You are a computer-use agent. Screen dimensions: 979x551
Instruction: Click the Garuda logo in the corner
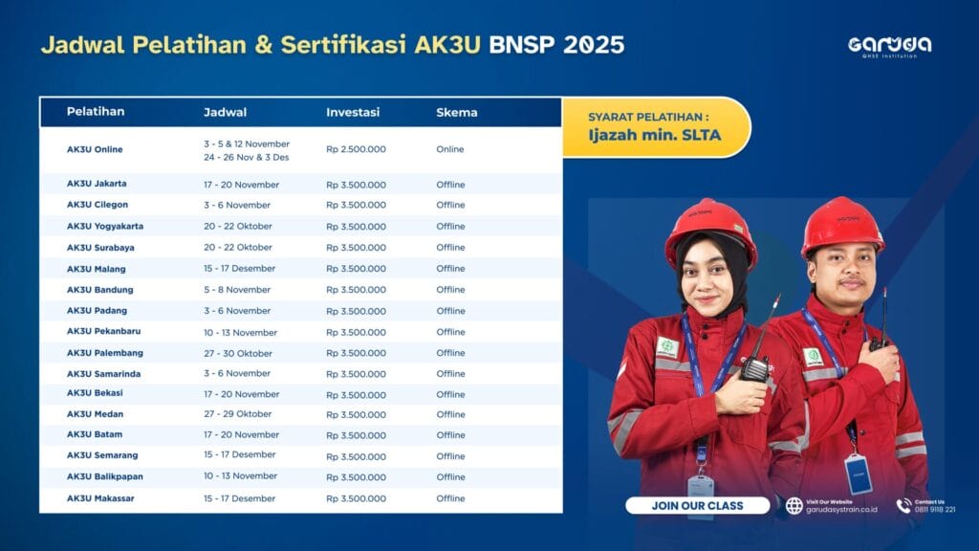tap(890, 47)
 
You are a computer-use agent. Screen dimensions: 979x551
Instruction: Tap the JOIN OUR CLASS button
tap(697, 505)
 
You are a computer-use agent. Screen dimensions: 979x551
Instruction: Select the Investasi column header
tap(353, 113)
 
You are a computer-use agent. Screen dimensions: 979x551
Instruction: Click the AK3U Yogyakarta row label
tap(105, 226)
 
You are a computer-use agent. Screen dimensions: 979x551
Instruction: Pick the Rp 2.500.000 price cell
tap(356, 149)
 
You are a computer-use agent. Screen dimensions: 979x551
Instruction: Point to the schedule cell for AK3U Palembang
tap(238, 353)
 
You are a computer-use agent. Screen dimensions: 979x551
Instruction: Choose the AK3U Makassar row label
tap(100, 498)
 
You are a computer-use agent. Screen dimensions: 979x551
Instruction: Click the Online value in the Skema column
tap(450, 149)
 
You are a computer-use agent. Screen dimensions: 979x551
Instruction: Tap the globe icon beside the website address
tap(794, 505)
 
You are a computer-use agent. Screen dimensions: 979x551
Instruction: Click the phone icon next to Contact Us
tap(903, 505)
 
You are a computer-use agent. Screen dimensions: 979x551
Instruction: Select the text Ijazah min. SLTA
tap(654, 135)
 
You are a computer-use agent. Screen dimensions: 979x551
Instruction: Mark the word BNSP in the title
tap(522, 45)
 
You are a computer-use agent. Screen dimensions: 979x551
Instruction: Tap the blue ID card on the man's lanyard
tap(858, 474)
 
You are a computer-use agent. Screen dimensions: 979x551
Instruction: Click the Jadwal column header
tap(225, 113)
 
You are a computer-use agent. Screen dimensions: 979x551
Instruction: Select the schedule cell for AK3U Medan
tap(237, 414)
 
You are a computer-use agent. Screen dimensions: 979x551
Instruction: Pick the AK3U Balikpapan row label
tap(105, 476)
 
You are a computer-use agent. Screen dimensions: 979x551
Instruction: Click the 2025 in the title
tap(594, 45)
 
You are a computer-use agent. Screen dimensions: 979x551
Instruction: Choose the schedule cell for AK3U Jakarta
tap(241, 185)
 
